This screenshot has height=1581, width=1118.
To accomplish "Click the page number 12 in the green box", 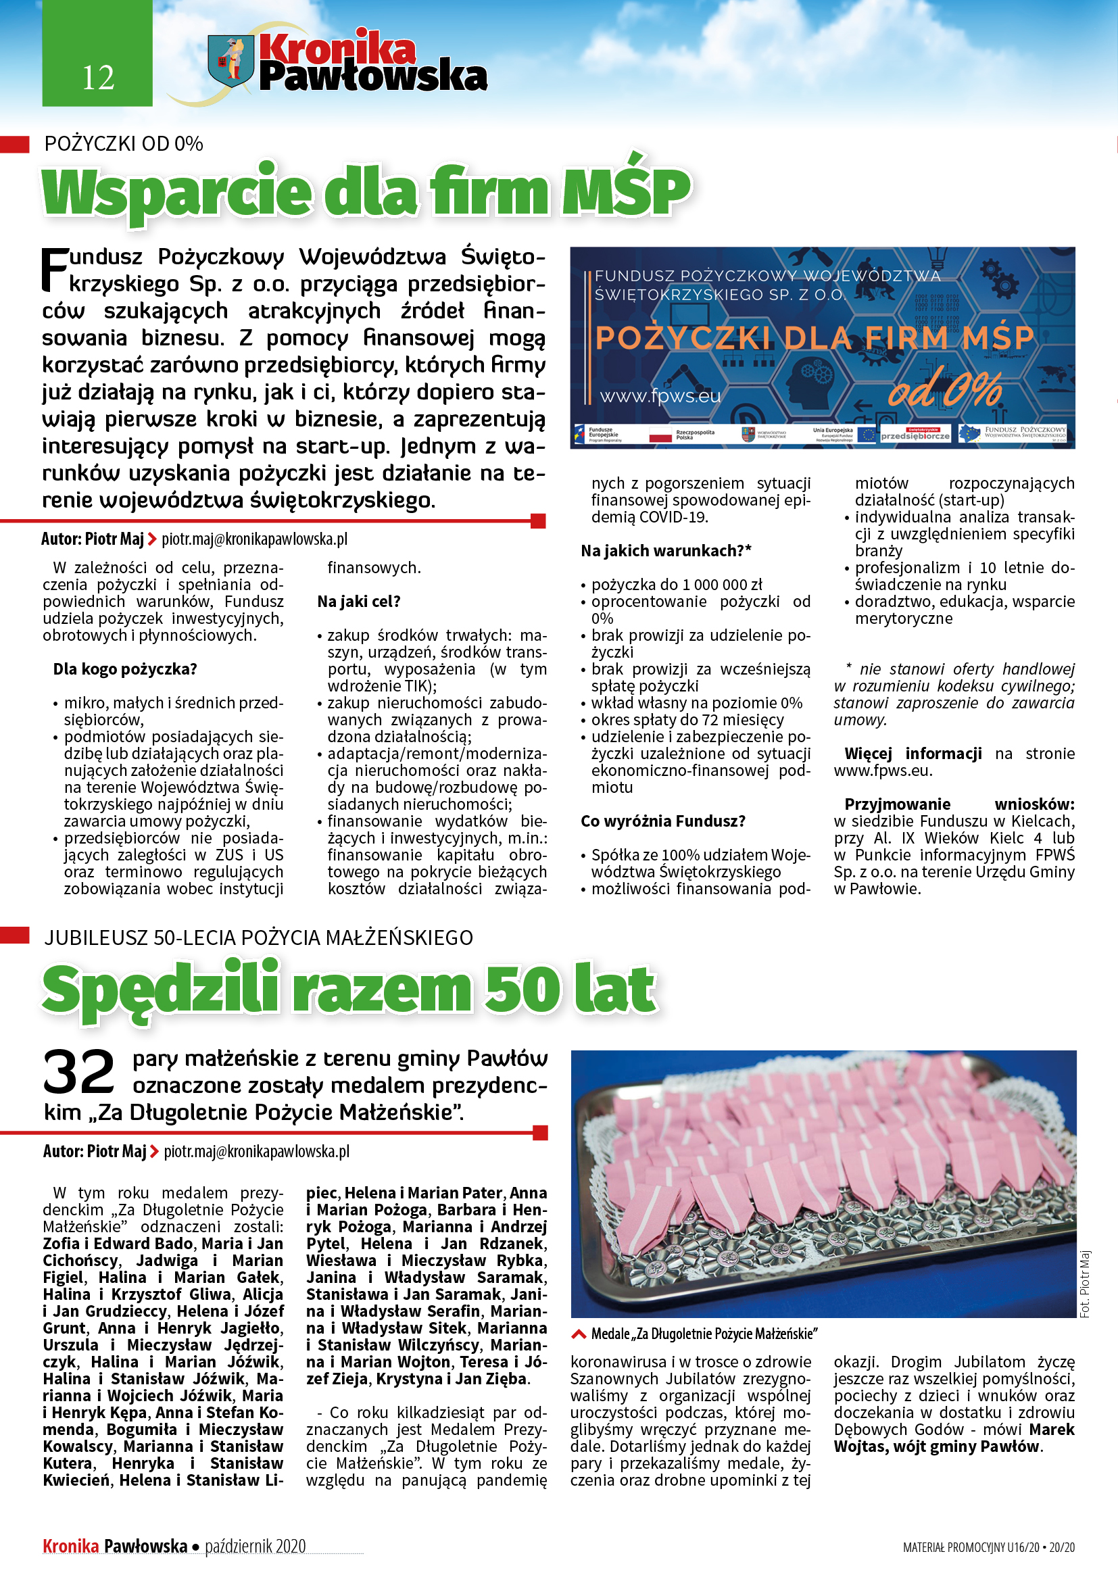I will pyautogui.click(x=98, y=78).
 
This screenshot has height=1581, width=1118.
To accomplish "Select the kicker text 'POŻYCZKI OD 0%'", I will pyautogui.click(x=124, y=144).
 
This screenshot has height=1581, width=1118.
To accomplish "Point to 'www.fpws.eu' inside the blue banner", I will pyautogui.click(x=660, y=396).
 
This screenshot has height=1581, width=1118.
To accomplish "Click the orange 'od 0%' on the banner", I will pyautogui.click(x=944, y=390).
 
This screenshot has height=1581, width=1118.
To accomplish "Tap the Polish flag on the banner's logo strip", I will pyautogui.click(x=660, y=434).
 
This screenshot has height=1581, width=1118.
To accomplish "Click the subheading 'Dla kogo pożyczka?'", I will pyautogui.click(x=125, y=669).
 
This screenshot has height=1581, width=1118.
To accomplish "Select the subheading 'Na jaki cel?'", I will pyautogui.click(x=359, y=602).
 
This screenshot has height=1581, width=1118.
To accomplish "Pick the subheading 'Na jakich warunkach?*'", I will pyautogui.click(x=666, y=551).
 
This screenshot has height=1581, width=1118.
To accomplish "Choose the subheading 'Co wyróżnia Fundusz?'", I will pyautogui.click(x=663, y=821).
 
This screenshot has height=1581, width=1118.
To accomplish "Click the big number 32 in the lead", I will pyautogui.click(x=78, y=1072).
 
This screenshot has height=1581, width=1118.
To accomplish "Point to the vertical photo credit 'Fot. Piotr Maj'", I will pyautogui.click(x=1086, y=1284).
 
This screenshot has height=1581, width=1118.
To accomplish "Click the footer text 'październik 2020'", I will pyautogui.click(x=256, y=1546).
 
